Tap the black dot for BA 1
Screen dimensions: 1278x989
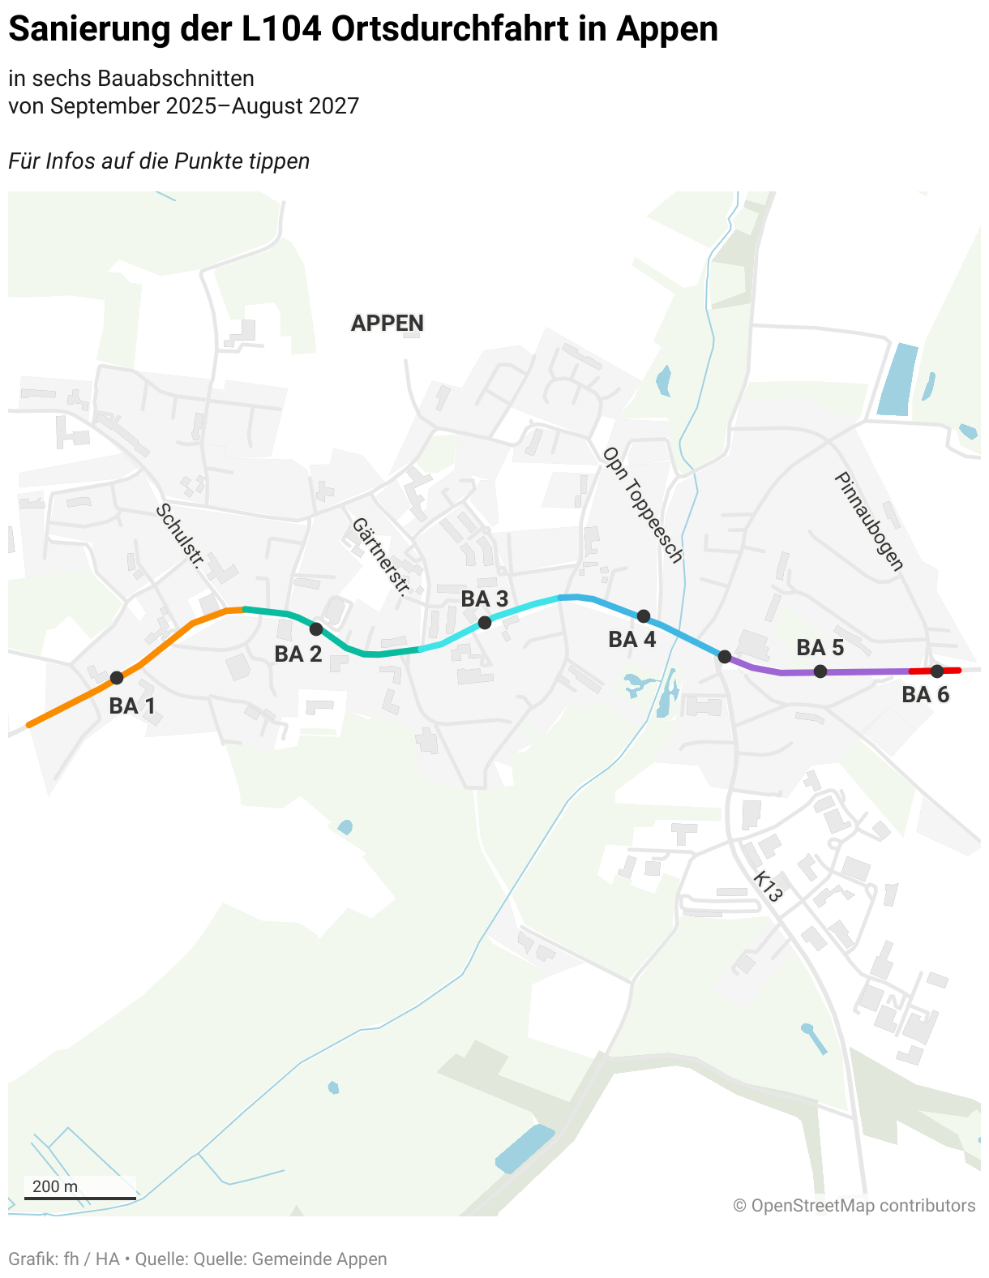117,678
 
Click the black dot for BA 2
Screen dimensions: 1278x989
316,629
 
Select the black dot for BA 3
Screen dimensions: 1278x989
485,623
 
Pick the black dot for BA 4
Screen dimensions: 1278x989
644,616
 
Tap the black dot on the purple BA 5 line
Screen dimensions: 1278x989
820,671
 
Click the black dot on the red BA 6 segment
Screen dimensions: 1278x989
937,671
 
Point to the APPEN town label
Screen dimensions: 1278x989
387,324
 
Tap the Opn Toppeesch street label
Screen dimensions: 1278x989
643,504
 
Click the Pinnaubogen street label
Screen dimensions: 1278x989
868,521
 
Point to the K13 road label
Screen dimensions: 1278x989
767,887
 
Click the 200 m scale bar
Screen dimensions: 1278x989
79,1197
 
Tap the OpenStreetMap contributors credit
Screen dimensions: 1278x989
854,1206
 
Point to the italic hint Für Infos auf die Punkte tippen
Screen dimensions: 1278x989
159,161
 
